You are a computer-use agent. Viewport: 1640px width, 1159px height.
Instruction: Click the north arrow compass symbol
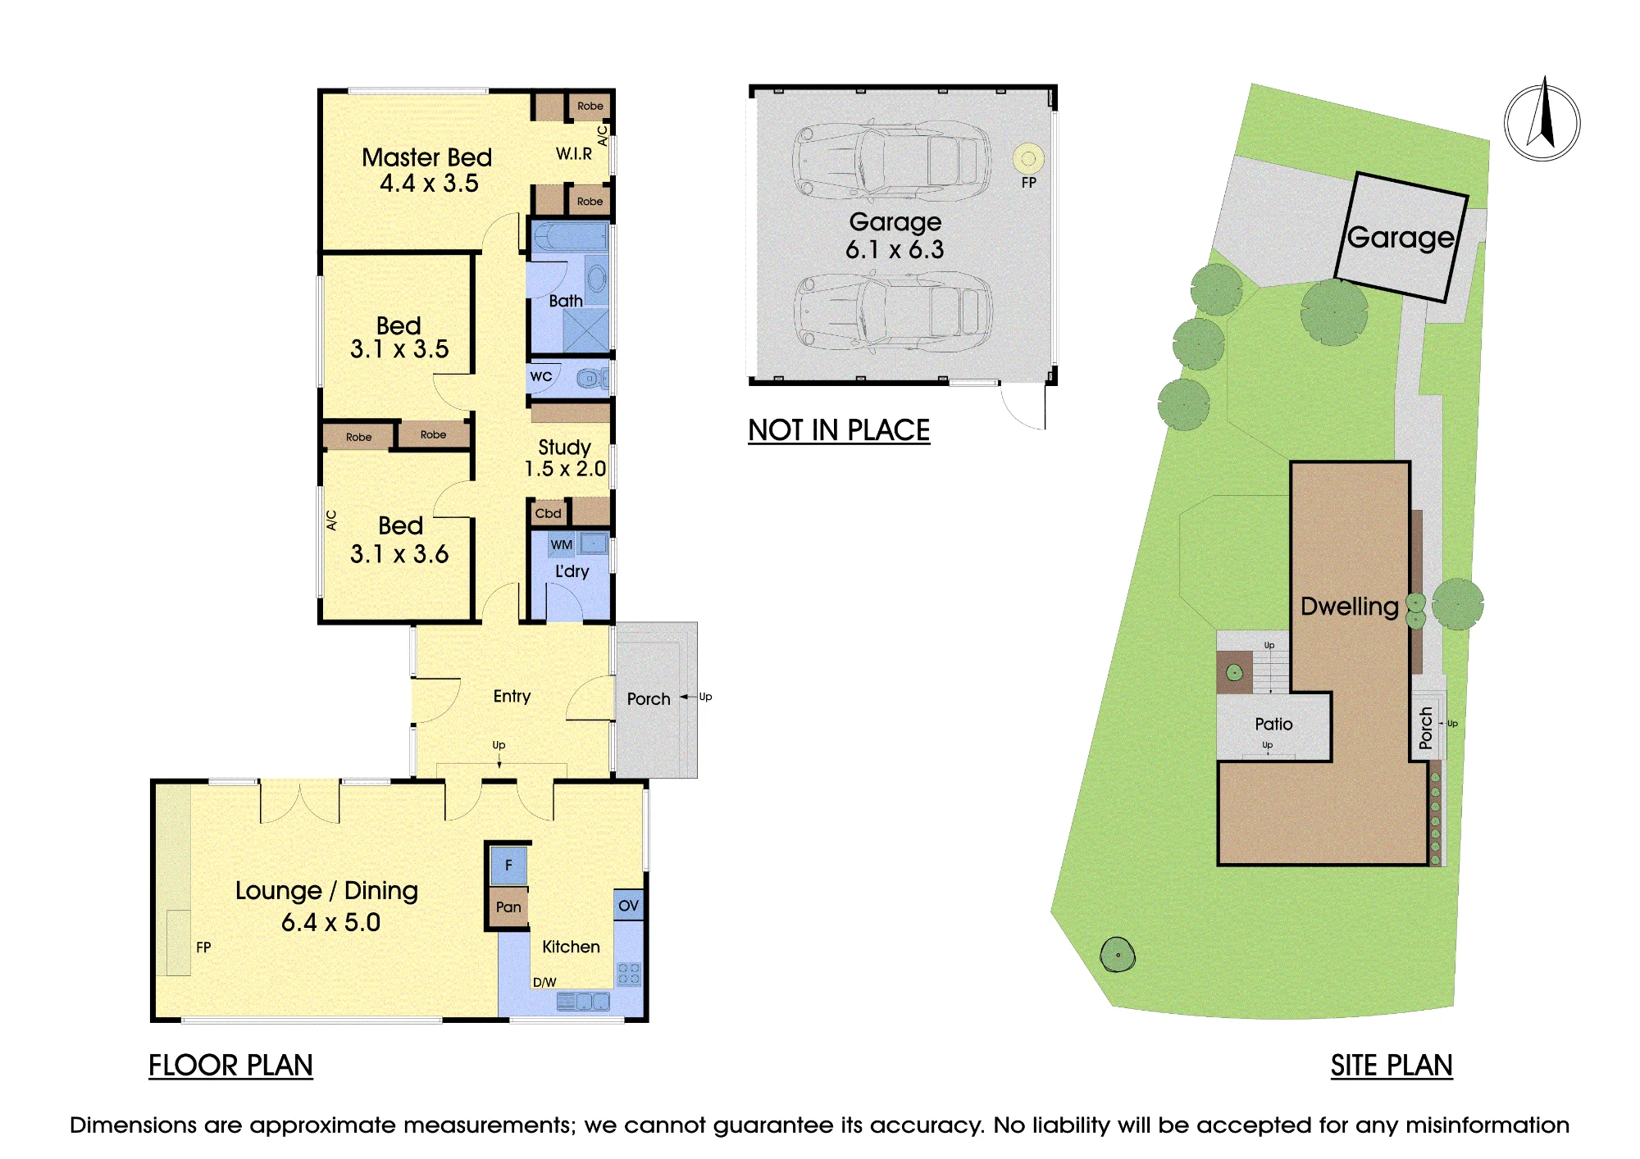coord(1542,123)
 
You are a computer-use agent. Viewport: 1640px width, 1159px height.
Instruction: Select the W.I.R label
coord(574,153)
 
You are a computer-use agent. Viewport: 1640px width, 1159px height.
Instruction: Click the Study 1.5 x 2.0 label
coord(565,457)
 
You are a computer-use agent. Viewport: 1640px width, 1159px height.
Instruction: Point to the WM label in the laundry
coord(562,544)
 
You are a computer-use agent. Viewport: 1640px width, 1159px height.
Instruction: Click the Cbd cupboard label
coord(549,513)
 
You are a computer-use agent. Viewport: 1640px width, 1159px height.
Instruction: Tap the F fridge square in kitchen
coord(508,865)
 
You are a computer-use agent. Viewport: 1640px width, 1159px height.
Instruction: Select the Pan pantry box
coord(508,907)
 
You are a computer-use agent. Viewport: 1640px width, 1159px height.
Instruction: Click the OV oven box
coord(629,905)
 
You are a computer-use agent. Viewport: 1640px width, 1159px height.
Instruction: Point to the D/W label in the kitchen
coord(544,982)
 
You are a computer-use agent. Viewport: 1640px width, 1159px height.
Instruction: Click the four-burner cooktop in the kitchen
coord(629,974)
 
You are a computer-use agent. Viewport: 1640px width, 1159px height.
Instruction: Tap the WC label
coord(541,376)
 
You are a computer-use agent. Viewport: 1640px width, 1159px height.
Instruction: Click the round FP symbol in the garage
coord(1028,158)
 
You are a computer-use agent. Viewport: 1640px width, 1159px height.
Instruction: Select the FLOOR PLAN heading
coord(230,1065)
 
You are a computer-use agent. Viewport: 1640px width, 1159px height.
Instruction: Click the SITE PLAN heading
coord(1392,1065)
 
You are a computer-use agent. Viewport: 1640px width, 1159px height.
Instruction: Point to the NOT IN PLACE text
coord(839,430)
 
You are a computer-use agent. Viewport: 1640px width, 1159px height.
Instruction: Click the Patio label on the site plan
coord(1273,724)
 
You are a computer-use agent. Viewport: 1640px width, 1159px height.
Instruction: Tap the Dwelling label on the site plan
coord(1350,606)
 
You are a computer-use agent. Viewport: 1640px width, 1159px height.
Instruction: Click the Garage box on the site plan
coord(1401,237)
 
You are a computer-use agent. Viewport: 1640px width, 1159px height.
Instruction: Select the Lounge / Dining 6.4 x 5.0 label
coord(327,906)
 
